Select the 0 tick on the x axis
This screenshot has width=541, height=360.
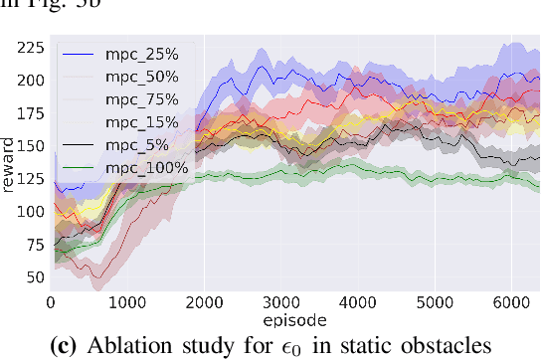click(x=51, y=302)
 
